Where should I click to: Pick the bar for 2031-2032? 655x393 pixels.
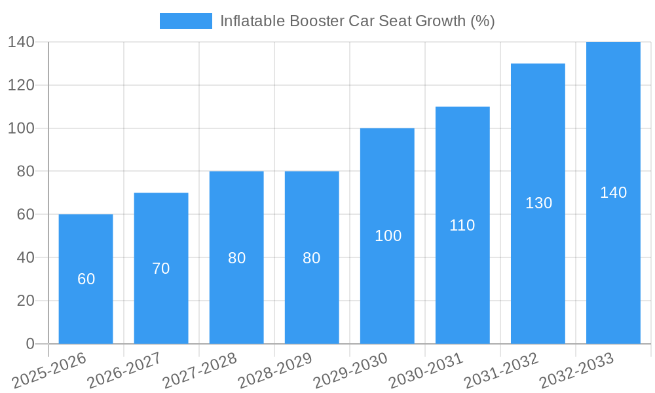[x=538, y=262]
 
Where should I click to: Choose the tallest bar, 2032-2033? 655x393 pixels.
[x=613, y=262]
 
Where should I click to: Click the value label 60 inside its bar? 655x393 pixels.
[x=86, y=279]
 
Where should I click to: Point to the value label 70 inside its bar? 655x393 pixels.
[x=161, y=269]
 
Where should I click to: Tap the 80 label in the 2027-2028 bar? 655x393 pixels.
[x=236, y=258]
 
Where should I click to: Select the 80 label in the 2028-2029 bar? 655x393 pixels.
[x=312, y=258]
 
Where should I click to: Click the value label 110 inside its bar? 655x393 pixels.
[x=462, y=225]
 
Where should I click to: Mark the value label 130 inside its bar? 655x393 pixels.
[x=538, y=203]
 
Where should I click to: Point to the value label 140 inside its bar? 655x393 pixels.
[x=613, y=193]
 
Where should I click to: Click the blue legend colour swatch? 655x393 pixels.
[x=186, y=21]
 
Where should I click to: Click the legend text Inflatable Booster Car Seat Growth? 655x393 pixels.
[x=357, y=21]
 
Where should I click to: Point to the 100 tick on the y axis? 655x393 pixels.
[x=21, y=128]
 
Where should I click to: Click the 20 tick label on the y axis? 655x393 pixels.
[x=26, y=301]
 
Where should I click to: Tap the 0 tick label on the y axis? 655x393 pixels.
[x=30, y=344]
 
